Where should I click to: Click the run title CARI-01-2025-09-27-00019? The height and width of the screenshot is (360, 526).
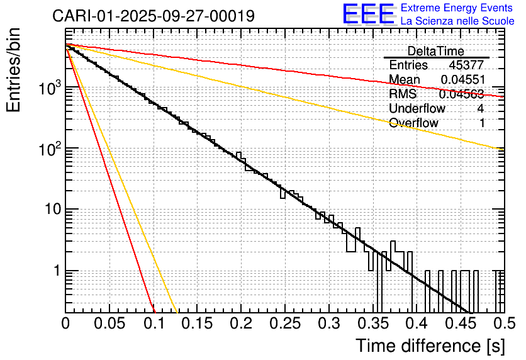(154, 16)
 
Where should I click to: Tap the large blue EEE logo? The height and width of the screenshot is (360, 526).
(368, 14)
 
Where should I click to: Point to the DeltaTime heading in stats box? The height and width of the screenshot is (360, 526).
(435, 51)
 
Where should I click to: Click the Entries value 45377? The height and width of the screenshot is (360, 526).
(466, 65)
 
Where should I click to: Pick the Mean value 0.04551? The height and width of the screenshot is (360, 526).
(462, 79)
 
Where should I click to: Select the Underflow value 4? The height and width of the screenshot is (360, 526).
(481, 108)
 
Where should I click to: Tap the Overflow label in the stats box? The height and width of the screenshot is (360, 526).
(413, 123)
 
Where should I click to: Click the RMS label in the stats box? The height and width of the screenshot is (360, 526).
(403, 94)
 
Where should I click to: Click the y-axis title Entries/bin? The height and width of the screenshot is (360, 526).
(15, 69)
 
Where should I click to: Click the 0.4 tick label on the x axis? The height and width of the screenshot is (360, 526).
(415, 324)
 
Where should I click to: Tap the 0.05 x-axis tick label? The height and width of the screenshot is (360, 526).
(109, 324)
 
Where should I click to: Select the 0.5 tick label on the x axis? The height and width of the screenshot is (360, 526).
(502, 324)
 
